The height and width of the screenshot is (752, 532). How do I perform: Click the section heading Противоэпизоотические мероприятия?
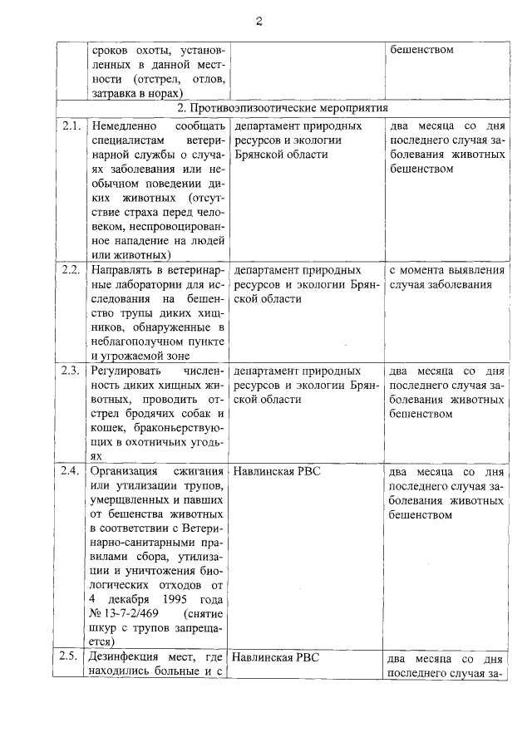(x=283, y=109)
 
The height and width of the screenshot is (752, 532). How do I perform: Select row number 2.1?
(x=70, y=126)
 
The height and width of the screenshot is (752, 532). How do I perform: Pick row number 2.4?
(x=70, y=471)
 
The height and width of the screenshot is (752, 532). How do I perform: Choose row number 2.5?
(x=70, y=657)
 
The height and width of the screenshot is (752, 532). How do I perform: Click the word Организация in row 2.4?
(x=126, y=471)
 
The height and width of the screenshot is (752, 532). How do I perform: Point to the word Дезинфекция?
(x=129, y=657)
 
